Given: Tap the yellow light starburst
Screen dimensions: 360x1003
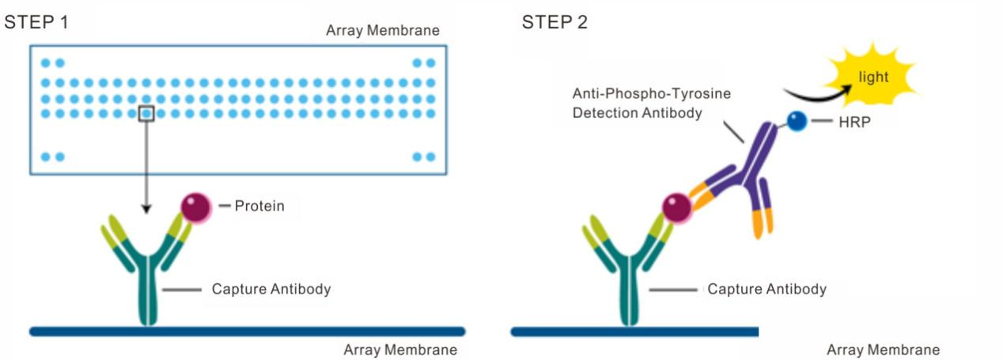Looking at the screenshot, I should tap(874, 78).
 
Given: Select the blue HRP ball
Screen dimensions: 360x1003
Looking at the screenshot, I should tap(797, 122).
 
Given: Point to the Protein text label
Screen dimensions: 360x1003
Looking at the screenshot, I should tap(259, 207).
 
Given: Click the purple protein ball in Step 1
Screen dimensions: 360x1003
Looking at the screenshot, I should tap(196, 207).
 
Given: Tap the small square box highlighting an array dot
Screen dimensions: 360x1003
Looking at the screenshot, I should tap(146, 113).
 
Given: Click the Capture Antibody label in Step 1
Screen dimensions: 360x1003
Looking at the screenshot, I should tap(271, 289).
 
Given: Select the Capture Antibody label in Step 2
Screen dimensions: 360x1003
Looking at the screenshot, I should tap(766, 289).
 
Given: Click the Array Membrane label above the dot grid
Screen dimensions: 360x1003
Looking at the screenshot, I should tap(383, 31).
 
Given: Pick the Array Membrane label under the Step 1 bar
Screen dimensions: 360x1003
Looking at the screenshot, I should tap(400, 350).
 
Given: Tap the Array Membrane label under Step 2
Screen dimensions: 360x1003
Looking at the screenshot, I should tap(883, 350).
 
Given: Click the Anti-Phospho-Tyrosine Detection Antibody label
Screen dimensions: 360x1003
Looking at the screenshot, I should tap(651, 103).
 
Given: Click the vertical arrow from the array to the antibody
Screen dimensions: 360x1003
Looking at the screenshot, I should tap(146, 166).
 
